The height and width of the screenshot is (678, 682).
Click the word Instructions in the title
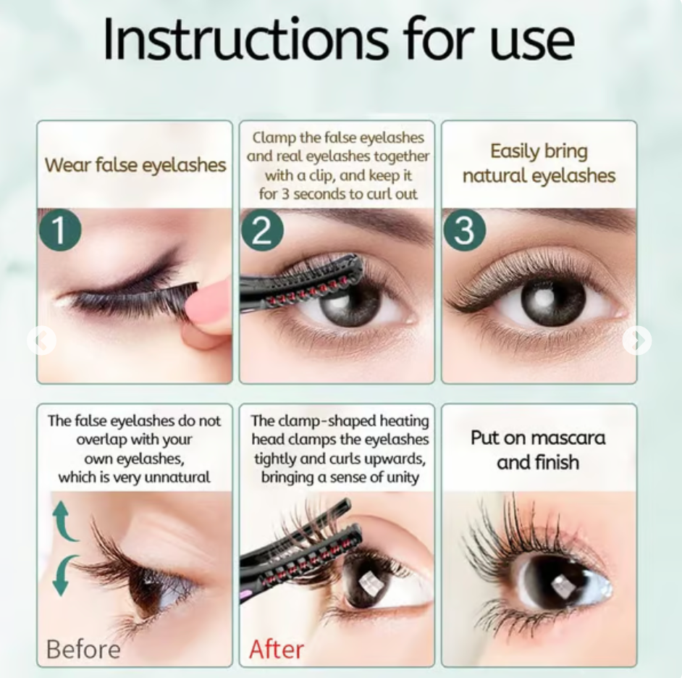coord(245,39)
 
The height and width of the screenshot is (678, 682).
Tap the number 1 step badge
coord(60,230)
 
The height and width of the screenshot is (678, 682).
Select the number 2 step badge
coord(262,230)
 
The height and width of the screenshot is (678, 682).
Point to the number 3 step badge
coord(464,230)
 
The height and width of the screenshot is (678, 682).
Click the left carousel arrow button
coord(42,340)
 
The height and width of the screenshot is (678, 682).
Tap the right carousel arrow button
coord(637,340)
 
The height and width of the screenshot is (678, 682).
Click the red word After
coord(277,649)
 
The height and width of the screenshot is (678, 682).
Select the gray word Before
coord(83,649)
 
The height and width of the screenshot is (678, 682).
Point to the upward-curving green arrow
coord(62,522)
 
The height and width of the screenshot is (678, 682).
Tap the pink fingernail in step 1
coord(208,301)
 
